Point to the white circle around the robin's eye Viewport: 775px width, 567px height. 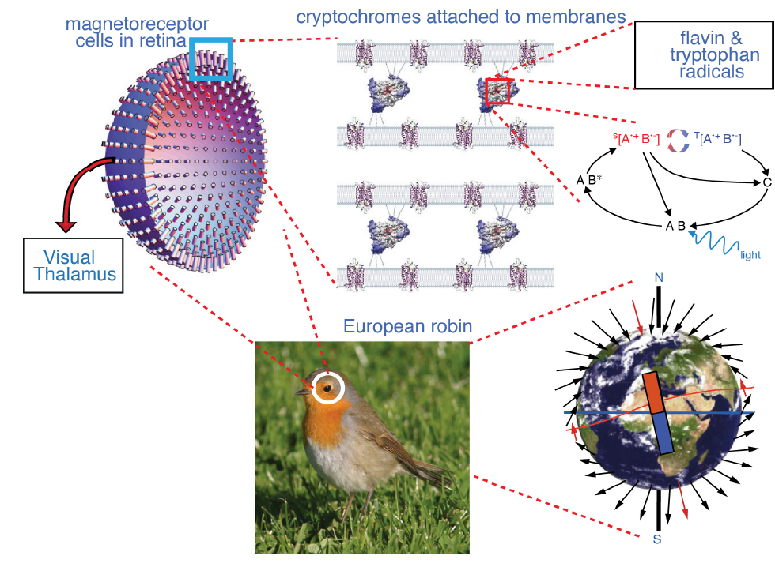328,387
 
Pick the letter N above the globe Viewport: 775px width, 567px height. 656,277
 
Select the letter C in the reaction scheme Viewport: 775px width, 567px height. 766,182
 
